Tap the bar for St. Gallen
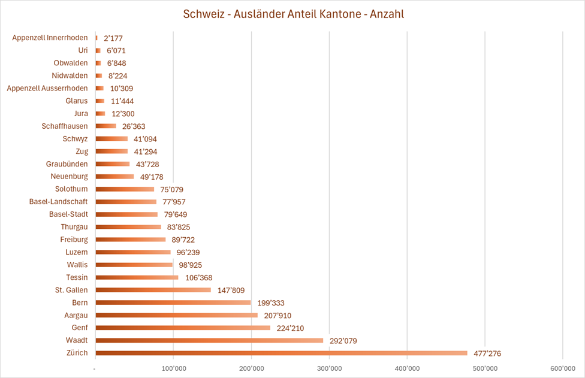[x=153, y=290]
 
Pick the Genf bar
[x=183, y=328]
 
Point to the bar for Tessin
[x=137, y=277]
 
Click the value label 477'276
[x=487, y=353]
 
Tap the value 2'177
[x=114, y=38]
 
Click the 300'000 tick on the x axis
[x=330, y=367]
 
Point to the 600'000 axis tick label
[x=563, y=367]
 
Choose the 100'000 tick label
[x=173, y=367]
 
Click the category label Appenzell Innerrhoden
[x=50, y=38]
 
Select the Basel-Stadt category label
[x=68, y=214]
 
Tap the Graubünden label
[x=67, y=164]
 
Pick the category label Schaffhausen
[x=64, y=126]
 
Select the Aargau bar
[x=176, y=315]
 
